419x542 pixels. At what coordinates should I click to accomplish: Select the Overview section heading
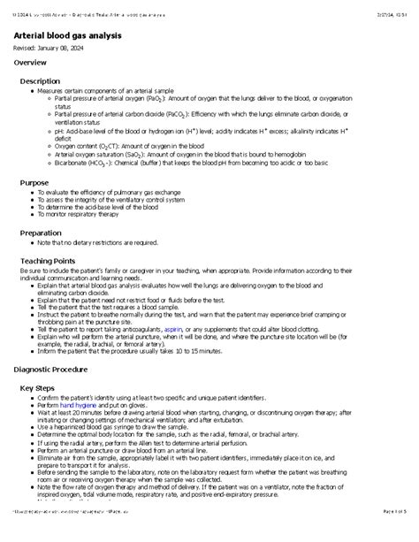tap(31, 64)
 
